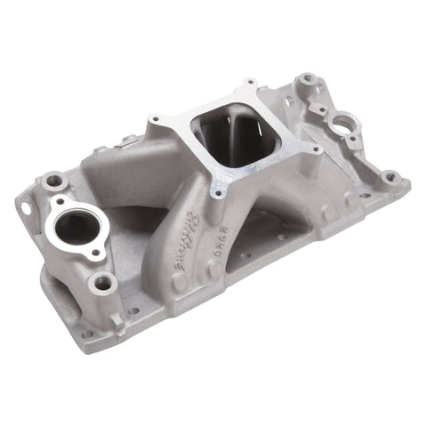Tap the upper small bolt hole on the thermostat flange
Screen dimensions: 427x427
click(54, 181)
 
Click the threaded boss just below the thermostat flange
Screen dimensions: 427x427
click(103, 284)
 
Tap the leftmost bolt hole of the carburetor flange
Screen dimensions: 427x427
click(155, 119)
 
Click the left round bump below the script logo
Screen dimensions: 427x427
click(179, 283)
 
